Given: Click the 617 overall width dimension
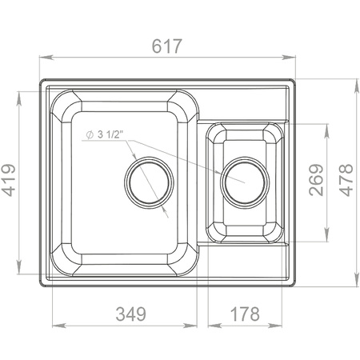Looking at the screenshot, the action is click(x=167, y=46).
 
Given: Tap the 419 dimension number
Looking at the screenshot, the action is click(x=9, y=180).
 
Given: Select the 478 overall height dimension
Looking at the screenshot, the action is click(x=346, y=180).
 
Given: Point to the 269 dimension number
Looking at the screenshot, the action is click(x=316, y=180).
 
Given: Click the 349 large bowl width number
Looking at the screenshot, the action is click(x=131, y=314).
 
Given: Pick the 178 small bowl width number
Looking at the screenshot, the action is click(x=245, y=314).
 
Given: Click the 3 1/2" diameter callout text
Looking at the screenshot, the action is click(x=110, y=134).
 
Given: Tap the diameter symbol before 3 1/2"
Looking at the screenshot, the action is click(x=90, y=135).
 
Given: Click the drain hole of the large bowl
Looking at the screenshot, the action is click(x=149, y=182).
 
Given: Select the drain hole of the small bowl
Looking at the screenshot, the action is click(x=245, y=182).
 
